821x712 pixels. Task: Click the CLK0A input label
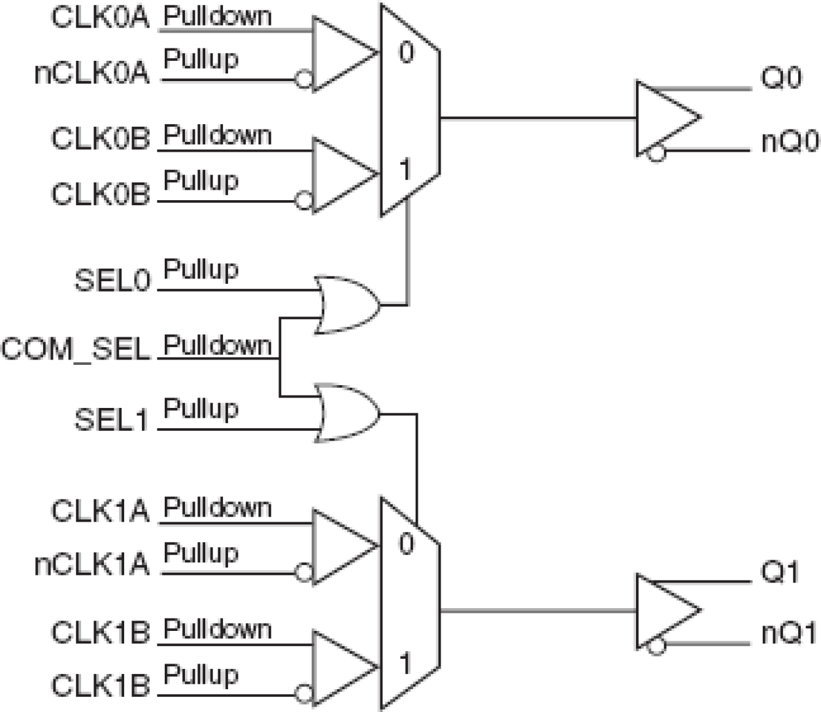click(100, 18)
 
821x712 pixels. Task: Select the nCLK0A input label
click(92, 73)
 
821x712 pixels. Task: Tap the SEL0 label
click(112, 280)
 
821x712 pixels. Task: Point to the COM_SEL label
click(76, 348)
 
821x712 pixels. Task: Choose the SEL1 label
click(112, 420)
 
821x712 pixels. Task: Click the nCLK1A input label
click(92, 565)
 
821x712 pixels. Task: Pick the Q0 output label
click(780, 79)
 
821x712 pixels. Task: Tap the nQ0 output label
click(790, 142)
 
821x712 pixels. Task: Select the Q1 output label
click(780, 573)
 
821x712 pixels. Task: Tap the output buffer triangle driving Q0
click(663, 118)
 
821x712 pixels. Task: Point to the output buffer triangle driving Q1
click(663, 611)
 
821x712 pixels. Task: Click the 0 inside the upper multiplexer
click(407, 52)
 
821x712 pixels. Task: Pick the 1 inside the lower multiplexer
click(406, 664)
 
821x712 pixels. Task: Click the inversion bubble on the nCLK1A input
click(303, 573)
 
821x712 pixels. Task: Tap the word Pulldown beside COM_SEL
click(217, 345)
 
